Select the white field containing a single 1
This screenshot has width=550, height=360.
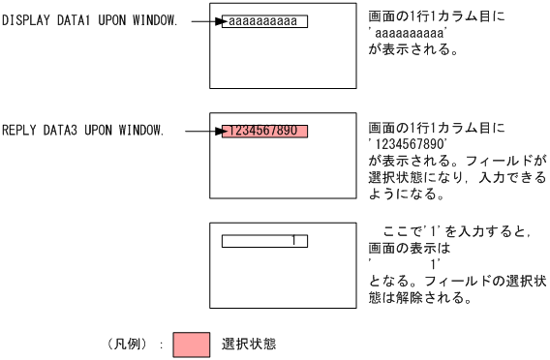coord(264,240)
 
